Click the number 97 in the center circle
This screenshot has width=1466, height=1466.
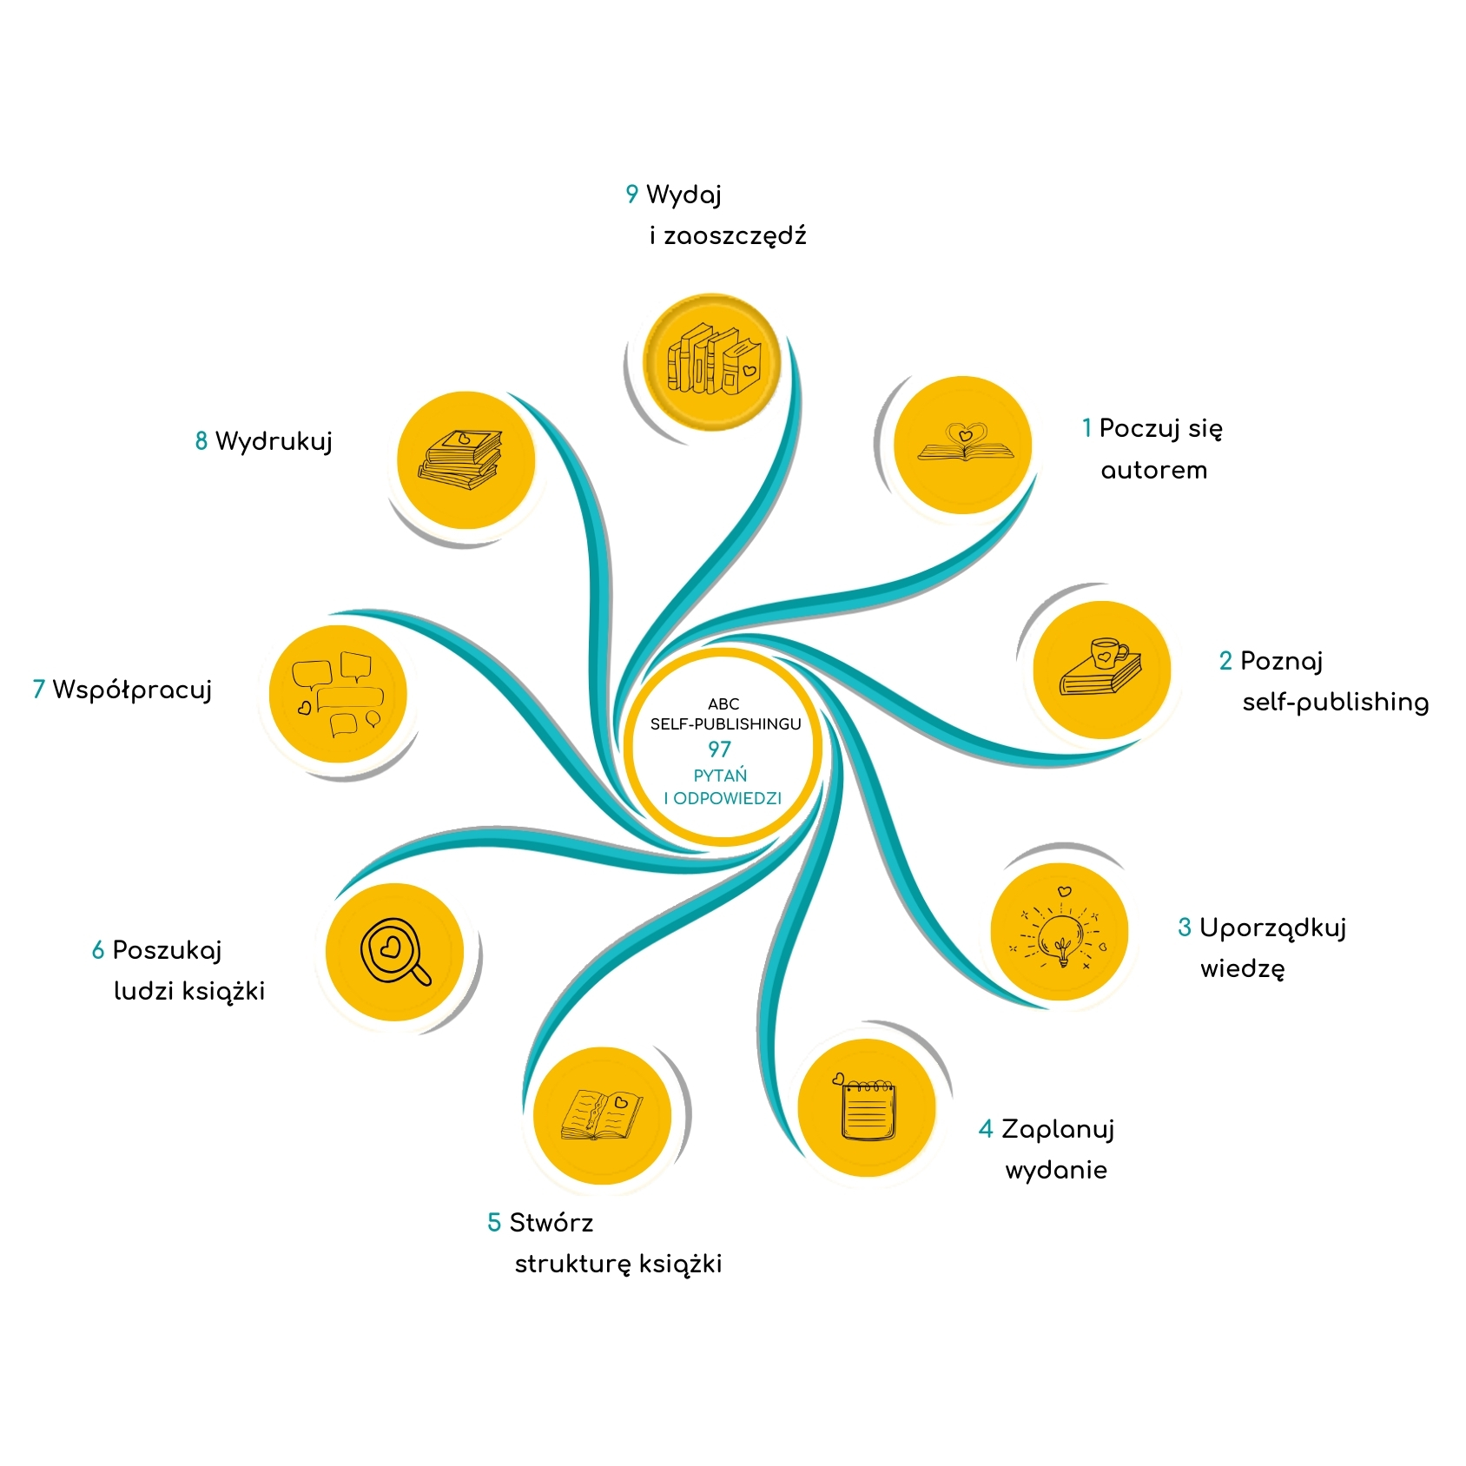(719, 749)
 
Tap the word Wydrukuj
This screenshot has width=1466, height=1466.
(274, 441)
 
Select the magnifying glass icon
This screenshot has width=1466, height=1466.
(395, 952)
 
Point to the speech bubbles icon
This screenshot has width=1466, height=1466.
(338, 694)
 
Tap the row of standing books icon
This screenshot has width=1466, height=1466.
(713, 360)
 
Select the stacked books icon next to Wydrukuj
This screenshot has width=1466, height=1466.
(461, 460)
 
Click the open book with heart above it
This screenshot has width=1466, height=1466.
(965, 444)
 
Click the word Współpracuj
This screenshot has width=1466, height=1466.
(132, 690)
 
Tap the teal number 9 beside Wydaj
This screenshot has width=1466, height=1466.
(631, 195)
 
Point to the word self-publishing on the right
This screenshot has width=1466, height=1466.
(1335, 703)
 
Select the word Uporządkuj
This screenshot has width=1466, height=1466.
(1272, 928)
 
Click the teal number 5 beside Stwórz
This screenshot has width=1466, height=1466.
(494, 1223)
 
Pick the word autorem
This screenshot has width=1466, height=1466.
(1153, 471)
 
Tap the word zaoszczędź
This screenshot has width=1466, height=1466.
(735, 236)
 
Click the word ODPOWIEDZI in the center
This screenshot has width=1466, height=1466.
(728, 798)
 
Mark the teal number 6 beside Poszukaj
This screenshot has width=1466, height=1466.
(98, 950)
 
